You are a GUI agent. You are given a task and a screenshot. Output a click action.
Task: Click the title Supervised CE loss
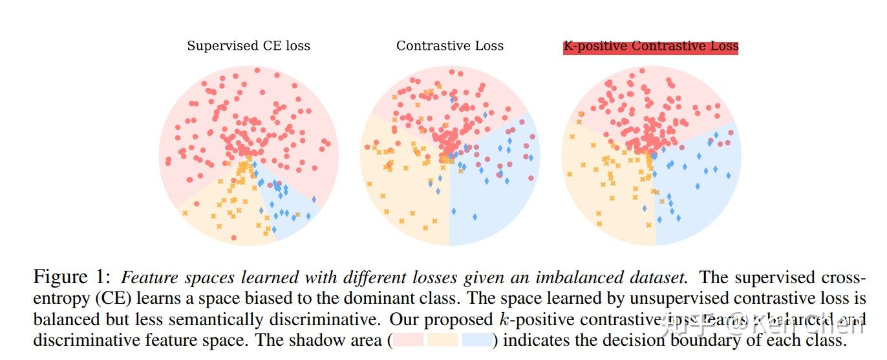click(248, 46)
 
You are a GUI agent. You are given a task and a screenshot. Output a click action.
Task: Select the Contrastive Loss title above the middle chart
click(449, 46)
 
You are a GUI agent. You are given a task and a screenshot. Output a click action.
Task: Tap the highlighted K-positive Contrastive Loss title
click(650, 47)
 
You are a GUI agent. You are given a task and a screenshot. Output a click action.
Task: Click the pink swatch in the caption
click(408, 341)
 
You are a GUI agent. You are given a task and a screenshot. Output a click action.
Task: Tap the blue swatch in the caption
click(476, 341)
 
